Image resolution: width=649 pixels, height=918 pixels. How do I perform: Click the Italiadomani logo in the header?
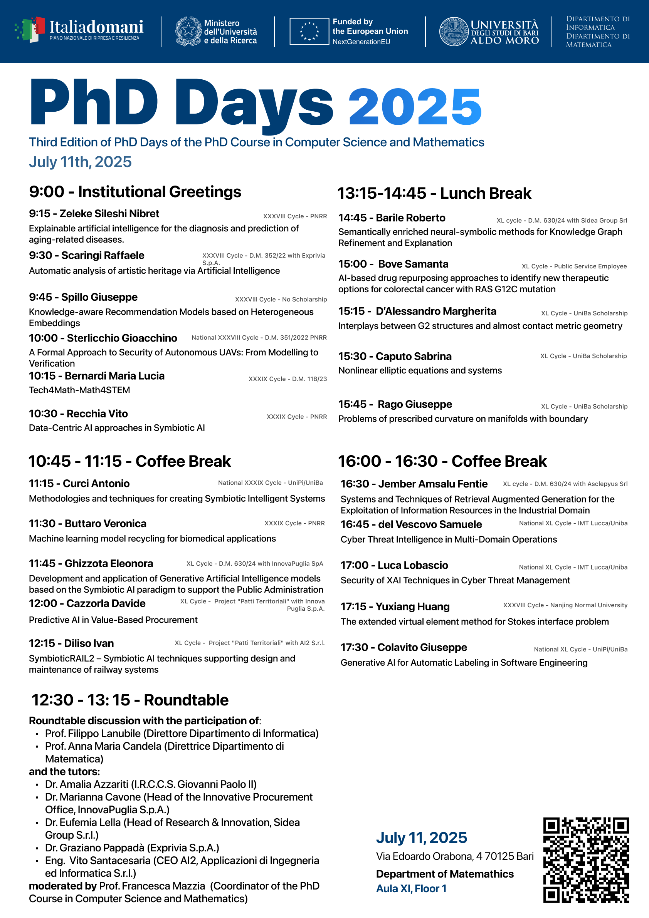[x=79, y=30]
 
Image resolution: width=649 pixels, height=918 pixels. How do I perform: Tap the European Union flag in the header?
[x=309, y=31]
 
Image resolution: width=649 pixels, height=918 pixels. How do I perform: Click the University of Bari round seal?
[x=454, y=31]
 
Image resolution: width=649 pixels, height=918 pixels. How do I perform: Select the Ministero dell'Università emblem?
[x=188, y=31]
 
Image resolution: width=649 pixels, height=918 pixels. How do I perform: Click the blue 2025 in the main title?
[x=415, y=107]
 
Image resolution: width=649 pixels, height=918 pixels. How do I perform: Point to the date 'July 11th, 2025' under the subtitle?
[x=80, y=162]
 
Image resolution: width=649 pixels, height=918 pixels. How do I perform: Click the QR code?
[x=586, y=860]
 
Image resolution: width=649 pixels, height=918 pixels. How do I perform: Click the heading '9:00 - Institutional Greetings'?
[x=135, y=192]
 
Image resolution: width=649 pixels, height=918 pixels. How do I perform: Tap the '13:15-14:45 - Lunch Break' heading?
[x=434, y=194]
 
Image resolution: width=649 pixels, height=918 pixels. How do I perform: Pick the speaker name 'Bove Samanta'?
[x=413, y=264]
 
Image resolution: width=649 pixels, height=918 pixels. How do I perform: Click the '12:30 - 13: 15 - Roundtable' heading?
[x=130, y=700]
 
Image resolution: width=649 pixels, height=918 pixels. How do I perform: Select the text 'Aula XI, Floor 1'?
[x=411, y=888]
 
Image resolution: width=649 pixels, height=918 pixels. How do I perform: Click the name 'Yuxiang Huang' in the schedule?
[x=413, y=606]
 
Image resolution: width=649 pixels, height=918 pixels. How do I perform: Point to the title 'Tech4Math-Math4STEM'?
[x=79, y=390]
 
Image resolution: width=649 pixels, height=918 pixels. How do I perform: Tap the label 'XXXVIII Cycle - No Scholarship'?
[x=281, y=300]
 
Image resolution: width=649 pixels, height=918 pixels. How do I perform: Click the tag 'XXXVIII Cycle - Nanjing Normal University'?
[x=565, y=605]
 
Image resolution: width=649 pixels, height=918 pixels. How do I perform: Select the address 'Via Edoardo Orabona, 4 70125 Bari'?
[x=454, y=856]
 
